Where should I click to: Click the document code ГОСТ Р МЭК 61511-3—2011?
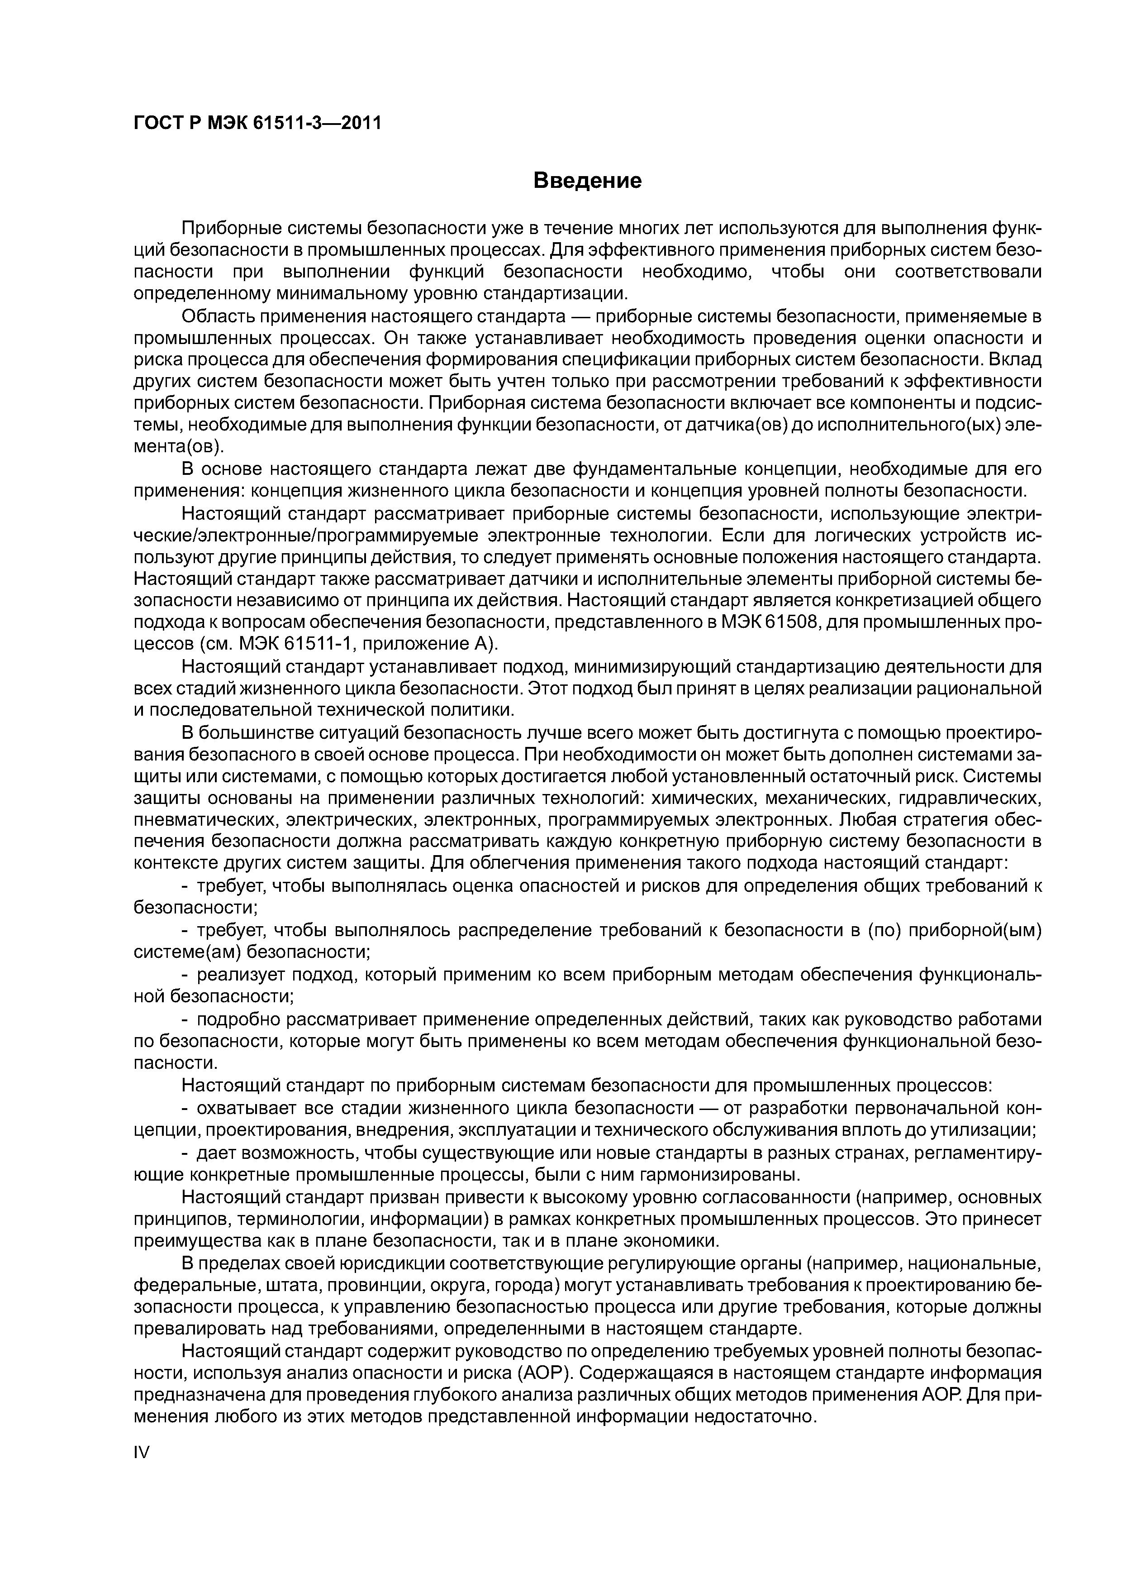(x=257, y=124)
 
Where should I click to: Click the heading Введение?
(x=588, y=181)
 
